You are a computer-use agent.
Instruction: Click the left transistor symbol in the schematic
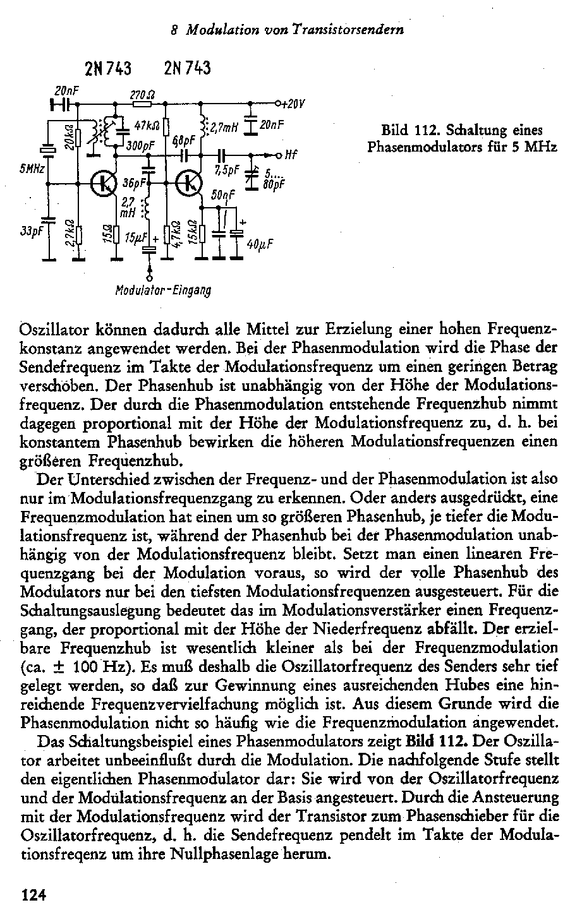tap(103, 183)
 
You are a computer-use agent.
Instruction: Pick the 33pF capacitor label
tap(31, 231)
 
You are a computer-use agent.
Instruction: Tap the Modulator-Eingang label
tap(162, 291)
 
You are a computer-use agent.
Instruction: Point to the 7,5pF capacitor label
tap(226, 171)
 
